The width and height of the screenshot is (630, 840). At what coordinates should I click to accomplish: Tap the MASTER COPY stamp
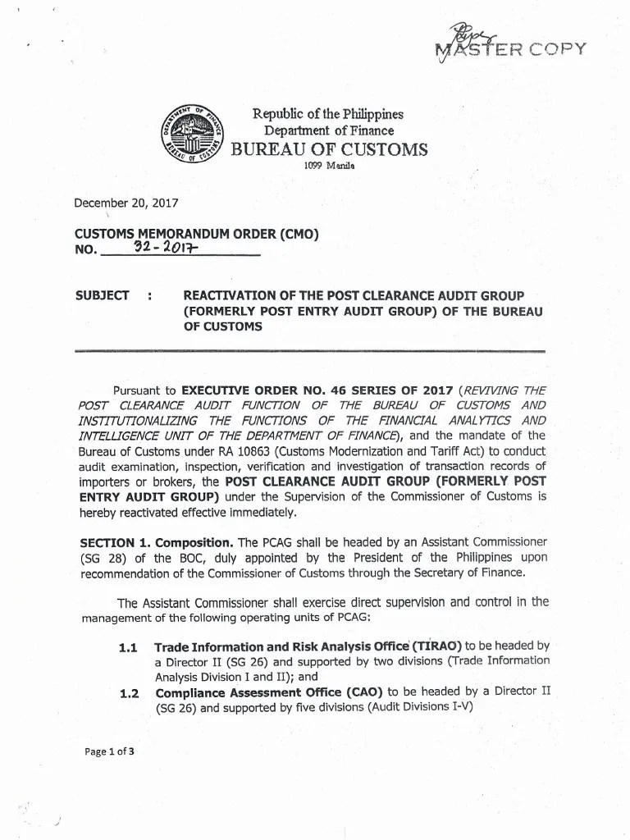pyautogui.click(x=517, y=51)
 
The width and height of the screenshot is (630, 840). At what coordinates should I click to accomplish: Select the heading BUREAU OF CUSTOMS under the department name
pyautogui.click(x=330, y=149)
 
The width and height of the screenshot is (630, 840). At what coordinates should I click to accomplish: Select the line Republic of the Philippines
pyautogui.click(x=328, y=115)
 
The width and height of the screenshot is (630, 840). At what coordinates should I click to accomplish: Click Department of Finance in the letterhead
pyautogui.click(x=328, y=131)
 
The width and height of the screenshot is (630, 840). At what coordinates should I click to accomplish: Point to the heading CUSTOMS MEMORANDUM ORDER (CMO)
pyautogui.click(x=197, y=234)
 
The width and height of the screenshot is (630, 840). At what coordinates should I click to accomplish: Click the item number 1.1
pyautogui.click(x=128, y=648)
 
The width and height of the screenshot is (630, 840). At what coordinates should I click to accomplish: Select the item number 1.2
pyautogui.click(x=128, y=693)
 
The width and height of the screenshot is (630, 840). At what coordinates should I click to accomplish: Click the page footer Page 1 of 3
pyautogui.click(x=108, y=750)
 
